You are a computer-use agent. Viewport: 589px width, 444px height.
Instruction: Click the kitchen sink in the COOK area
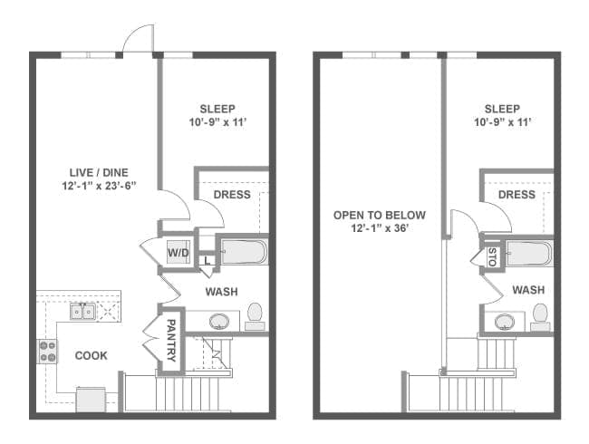coord(82,312)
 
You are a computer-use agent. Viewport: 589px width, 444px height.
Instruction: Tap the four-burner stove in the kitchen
coord(47,352)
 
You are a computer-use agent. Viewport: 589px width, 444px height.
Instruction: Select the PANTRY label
coord(171,341)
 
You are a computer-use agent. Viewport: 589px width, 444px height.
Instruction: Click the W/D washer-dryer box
coord(179,252)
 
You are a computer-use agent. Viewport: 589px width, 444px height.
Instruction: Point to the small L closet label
coord(208,260)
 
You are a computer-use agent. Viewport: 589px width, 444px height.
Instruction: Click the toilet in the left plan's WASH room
coord(255,316)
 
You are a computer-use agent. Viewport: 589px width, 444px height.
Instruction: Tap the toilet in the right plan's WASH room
coord(540,317)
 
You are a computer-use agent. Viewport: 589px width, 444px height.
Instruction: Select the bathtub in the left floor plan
coord(244,251)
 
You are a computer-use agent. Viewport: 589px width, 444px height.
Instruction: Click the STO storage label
coord(492,257)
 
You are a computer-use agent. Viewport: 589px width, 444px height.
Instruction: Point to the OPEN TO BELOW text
coord(380,215)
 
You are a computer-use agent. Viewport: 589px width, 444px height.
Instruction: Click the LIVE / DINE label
coord(99,172)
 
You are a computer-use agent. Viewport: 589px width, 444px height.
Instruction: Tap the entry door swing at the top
coord(139,37)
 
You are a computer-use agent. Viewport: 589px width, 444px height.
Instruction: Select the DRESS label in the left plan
coord(232,195)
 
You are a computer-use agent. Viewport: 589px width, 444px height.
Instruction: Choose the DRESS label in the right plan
coord(517,195)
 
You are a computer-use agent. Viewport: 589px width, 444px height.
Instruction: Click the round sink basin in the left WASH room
coord(219,322)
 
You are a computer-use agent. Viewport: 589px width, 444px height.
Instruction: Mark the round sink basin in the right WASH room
coord(505,323)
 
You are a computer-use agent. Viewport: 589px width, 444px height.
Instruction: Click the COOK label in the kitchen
coord(92,355)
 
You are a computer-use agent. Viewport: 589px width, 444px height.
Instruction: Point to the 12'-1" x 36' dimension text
coord(380,228)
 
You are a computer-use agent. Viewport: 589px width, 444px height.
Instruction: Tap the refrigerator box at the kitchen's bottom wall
coord(91,400)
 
